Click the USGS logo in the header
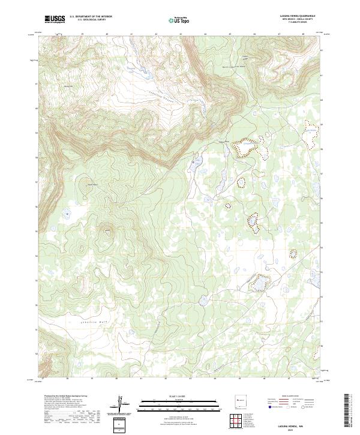pyautogui.click(x=55, y=19)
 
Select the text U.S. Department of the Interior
pyautogui.click(x=91, y=17)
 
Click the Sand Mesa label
pyautogui.click(x=92, y=184)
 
